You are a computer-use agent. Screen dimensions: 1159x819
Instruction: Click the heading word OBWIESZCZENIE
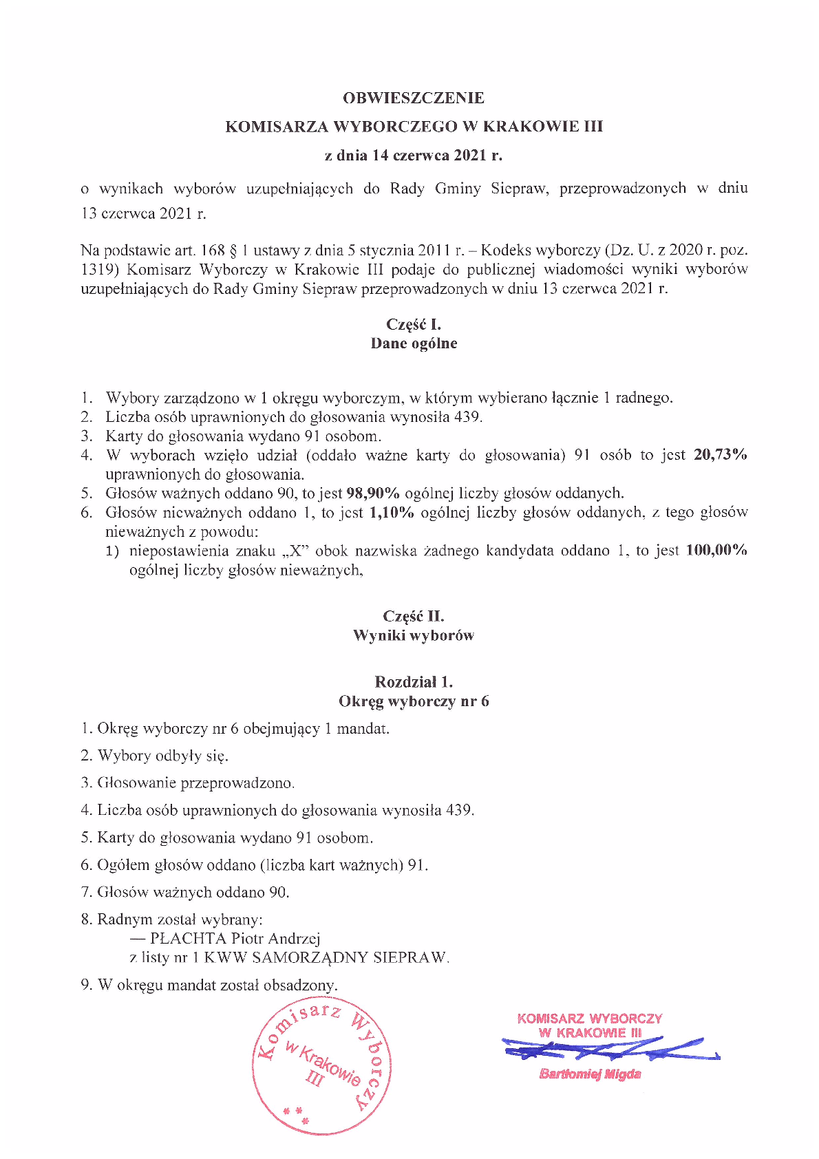[413, 98]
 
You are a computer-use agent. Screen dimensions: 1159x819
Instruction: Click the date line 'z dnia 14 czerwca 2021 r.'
[413, 156]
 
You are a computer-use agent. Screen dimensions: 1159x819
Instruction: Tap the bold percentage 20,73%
[720, 455]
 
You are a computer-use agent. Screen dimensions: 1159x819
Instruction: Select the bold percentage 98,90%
[372, 493]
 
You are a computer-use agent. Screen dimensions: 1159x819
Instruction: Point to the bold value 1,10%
[392, 512]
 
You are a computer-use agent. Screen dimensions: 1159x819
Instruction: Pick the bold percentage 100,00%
[716, 551]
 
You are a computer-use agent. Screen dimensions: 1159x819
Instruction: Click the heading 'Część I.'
[413, 324]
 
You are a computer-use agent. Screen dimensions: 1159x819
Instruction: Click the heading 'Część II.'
[413, 616]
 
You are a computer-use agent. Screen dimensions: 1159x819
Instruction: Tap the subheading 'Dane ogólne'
[413, 343]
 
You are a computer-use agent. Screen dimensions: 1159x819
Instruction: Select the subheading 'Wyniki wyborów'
[413, 635]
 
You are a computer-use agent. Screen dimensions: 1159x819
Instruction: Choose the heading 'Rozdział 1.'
[413, 682]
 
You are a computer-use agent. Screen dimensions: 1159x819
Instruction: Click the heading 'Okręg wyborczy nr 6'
[413, 701]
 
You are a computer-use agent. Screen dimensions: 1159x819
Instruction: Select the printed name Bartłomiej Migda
[590, 1074]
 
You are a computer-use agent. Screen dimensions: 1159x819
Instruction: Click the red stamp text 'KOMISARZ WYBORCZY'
[589, 1018]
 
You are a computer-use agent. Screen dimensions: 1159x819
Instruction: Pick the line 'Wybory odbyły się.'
[162, 756]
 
